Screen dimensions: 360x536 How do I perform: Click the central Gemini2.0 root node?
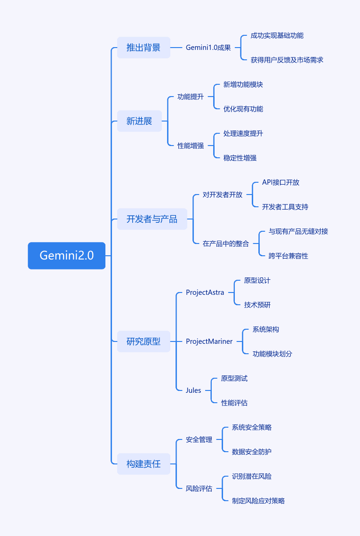(67, 256)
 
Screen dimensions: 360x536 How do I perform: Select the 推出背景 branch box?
(144, 48)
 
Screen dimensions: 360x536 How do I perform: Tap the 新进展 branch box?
(139, 121)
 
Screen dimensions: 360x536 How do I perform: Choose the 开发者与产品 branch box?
(152, 219)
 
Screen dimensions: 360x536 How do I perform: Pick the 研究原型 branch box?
(144, 341)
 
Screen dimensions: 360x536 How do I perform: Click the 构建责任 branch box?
(144, 464)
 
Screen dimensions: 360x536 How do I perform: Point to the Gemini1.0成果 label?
(208, 48)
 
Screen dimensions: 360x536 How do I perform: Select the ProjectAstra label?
(205, 292)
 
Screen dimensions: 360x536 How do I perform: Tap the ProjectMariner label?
(209, 341)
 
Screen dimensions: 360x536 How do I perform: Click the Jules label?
(193, 390)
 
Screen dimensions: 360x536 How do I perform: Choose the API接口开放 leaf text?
(281, 183)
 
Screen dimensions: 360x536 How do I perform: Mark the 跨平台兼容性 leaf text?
(288, 256)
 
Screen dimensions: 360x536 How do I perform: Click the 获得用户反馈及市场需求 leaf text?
(287, 60)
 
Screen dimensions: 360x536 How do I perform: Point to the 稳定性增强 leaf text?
(240, 158)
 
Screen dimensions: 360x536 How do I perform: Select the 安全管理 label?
(199, 439)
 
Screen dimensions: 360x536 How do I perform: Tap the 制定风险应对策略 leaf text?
(258, 501)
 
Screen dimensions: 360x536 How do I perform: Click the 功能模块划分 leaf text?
(272, 354)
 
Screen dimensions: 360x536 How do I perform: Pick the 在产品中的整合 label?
(226, 244)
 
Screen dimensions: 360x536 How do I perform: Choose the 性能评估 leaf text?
(234, 403)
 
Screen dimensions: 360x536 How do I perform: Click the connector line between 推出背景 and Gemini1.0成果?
(176, 48)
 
